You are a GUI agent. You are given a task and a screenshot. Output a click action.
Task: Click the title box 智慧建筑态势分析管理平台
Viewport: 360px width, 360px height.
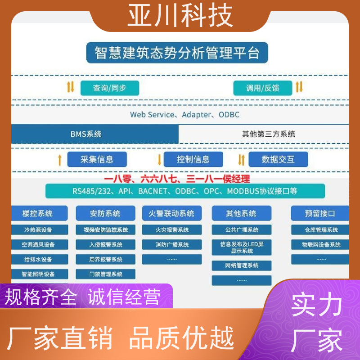pos(177,53)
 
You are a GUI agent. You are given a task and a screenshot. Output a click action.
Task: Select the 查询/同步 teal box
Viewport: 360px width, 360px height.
pos(110,88)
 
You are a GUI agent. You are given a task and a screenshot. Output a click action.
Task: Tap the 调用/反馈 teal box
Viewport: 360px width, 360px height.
pos(263,88)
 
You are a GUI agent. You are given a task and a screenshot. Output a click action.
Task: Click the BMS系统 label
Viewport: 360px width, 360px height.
pos(86,134)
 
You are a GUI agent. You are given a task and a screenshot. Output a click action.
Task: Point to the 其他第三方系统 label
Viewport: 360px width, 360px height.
pos(268,134)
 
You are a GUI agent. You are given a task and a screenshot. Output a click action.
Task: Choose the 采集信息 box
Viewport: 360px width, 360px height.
pos(97,159)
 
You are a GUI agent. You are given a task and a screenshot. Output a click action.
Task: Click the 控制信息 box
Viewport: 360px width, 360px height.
pos(193,159)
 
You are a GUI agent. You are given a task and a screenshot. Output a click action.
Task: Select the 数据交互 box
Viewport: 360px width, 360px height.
pos(278,159)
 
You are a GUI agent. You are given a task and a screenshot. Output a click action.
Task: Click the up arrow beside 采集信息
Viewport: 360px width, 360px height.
pos(60,160)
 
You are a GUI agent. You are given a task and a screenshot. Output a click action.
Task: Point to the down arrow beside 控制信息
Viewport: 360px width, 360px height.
pos(159,160)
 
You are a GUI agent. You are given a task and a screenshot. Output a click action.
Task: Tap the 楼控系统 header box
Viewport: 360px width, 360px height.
pos(39,213)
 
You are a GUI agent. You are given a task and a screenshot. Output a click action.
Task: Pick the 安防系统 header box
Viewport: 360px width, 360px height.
pos(106,213)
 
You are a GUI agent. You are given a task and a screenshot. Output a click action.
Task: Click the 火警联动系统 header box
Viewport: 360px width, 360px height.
pos(172,213)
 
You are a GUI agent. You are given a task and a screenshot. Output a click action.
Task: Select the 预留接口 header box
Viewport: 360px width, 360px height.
pos(320,213)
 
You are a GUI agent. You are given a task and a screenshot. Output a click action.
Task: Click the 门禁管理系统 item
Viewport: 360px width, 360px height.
pos(106,274)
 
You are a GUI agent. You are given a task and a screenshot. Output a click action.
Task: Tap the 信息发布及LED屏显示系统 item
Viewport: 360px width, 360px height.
pos(242,247)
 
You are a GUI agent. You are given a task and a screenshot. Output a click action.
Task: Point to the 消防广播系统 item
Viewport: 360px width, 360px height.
pos(172,244)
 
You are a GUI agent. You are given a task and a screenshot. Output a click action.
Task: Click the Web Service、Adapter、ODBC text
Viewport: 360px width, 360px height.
pos(185,115)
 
